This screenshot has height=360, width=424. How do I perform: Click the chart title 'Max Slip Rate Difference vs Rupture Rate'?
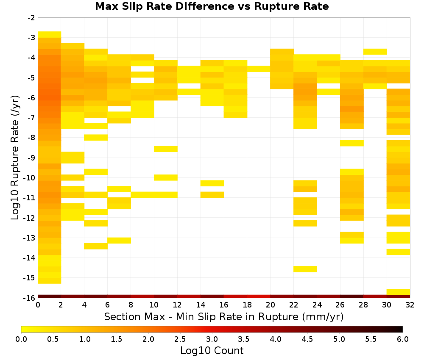(212, 6)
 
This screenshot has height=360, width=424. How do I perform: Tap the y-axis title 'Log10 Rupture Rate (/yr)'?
(15, 158)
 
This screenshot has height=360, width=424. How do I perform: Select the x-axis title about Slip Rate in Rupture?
(224, 316)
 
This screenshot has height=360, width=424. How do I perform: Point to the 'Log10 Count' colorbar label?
(212, 351)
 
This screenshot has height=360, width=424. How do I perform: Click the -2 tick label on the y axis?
(31, 18)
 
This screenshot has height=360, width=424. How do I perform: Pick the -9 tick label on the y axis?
(31, 158)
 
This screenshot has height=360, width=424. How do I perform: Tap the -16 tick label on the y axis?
(30, 298)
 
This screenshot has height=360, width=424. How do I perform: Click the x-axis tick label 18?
(247, 305)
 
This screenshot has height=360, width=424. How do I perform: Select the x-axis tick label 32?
(410, 305)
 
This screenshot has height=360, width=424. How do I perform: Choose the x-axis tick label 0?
(38, 305)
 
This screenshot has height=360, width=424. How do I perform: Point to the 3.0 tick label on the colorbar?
(212, 339)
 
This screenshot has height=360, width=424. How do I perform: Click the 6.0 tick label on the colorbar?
(403, 339)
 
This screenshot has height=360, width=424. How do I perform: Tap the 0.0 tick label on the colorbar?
(21, 339)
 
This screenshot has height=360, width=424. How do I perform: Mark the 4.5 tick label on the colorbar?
(307, 339)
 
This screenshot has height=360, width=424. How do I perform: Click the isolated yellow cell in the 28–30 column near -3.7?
(375, 52)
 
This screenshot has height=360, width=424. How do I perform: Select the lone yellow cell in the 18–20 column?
(259, 69)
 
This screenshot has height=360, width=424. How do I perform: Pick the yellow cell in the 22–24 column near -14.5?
(305, 269)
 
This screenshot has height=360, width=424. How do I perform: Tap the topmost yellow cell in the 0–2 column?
(50, 34)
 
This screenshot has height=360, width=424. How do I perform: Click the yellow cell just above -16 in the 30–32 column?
(398, 292)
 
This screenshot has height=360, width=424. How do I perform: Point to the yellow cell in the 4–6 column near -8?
(96, 138)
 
